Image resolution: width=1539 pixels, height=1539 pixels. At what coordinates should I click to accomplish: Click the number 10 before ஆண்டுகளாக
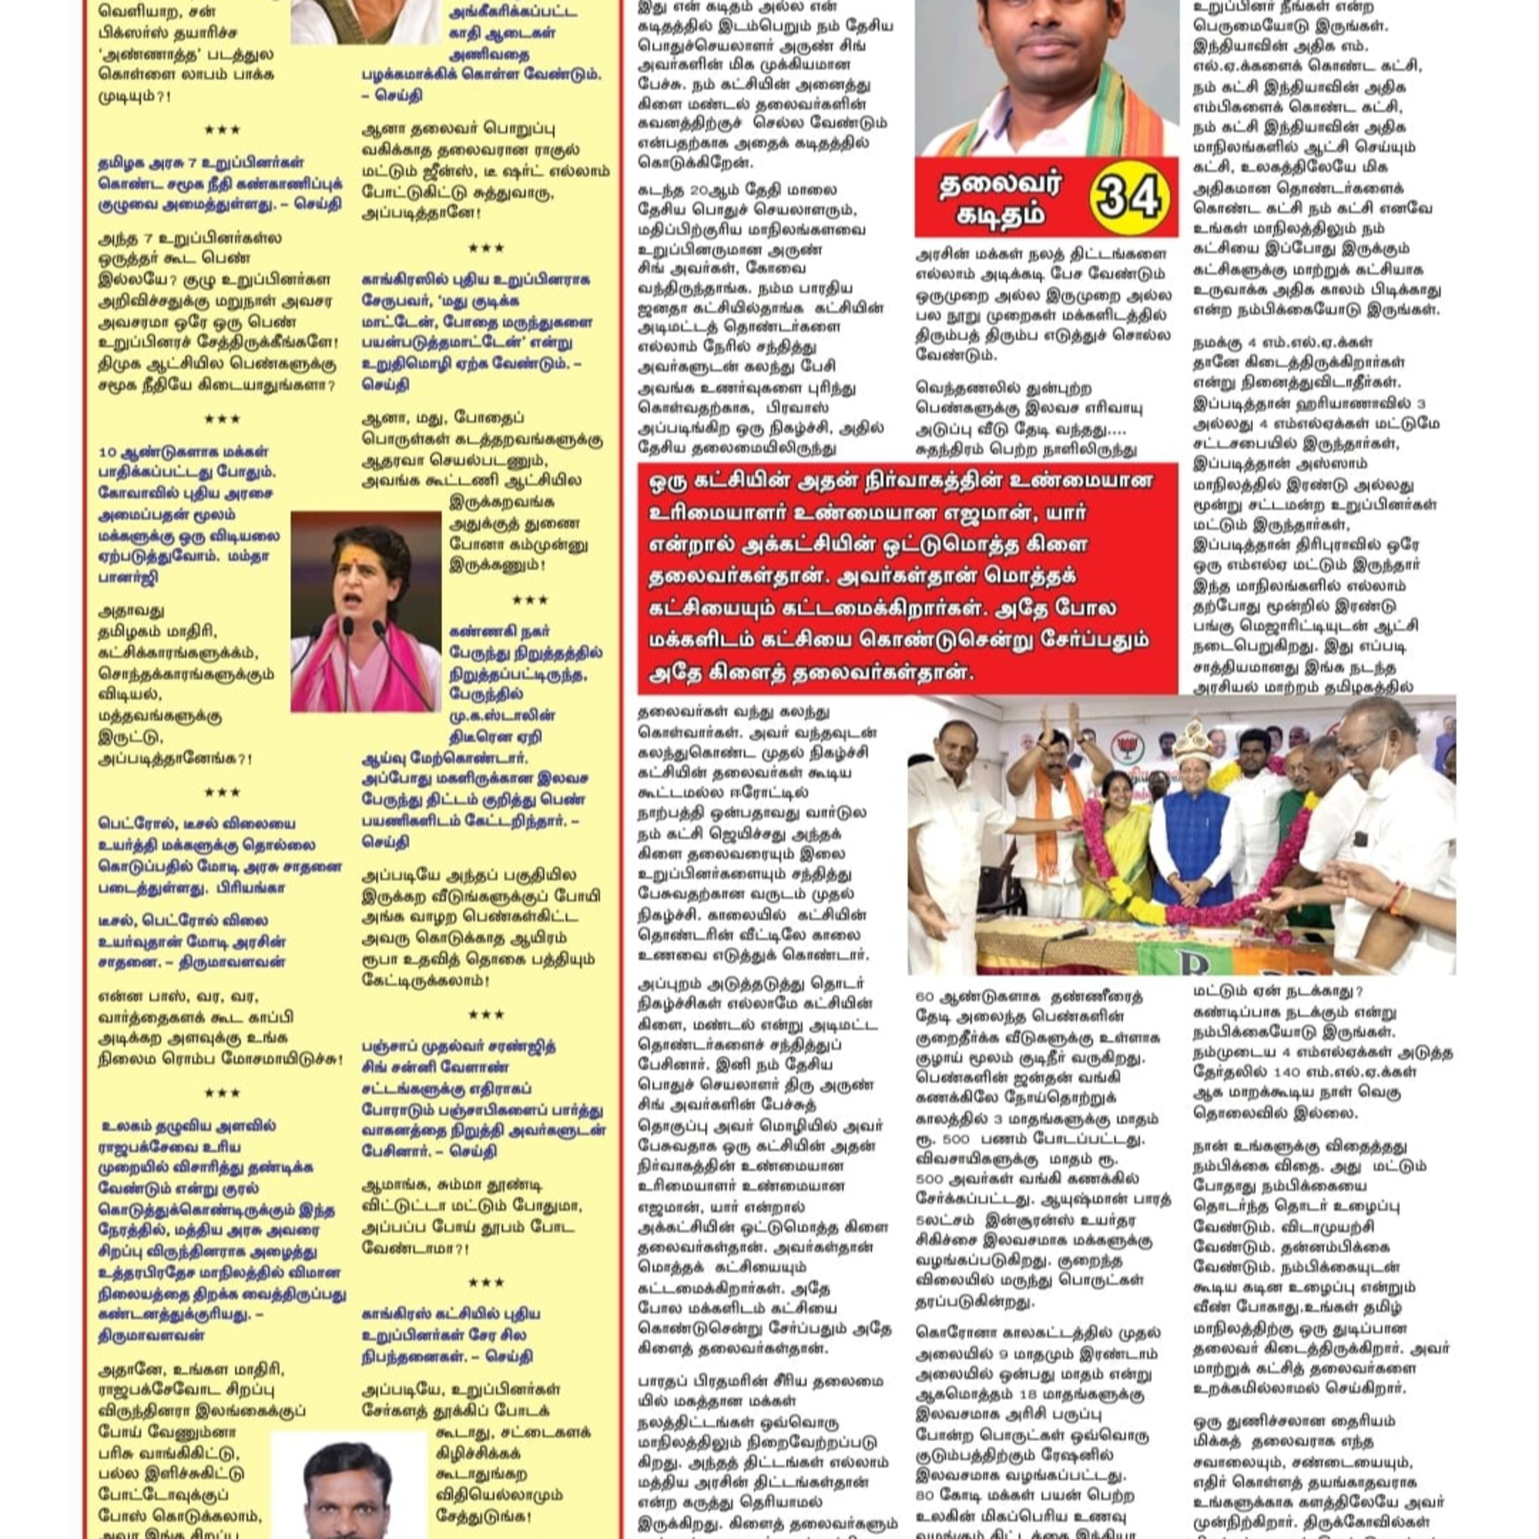(108, 451)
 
